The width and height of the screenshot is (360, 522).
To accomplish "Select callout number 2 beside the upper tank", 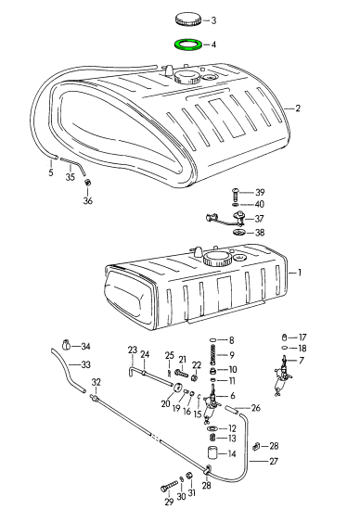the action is pyautogui.click(x=298, y=108).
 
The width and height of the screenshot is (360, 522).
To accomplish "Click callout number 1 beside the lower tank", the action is pyautogui.click(x=300, y=273).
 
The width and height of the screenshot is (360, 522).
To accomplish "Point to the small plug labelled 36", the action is pyautogui.click(x=88, y=182).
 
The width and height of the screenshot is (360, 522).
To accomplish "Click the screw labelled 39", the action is pyautogui.click(x=235, y=194).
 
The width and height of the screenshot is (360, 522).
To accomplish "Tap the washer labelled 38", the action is pyautogui.click(x=238, y=232).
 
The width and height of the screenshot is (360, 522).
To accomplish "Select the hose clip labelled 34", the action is pyautogui.click(x=67, y=345).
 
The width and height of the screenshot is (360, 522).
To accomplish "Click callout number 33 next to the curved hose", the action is pyautogui.click(x=86, y=364).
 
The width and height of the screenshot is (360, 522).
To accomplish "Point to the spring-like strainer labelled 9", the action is pyautogui.click(x=213, y=355).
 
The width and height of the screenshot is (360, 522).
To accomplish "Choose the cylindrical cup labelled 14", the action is pyautogui.click(x=212, y=453).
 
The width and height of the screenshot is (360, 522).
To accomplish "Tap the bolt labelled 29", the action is pyautogui.click(x=169, y=485).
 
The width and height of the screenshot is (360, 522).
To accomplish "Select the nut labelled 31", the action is pyautogui.click(x=189, y=477).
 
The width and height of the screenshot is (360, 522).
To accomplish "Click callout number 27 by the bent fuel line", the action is pyautogui.click(x=274, y=461).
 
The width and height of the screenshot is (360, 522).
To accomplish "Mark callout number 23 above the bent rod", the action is pyautogui.click(x=133, y=350).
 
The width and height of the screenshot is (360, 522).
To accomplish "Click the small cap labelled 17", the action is pyautogui.click(x=285, y=337).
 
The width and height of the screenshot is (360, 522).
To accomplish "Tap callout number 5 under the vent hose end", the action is pyautogui.click(x=51, y=172).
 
